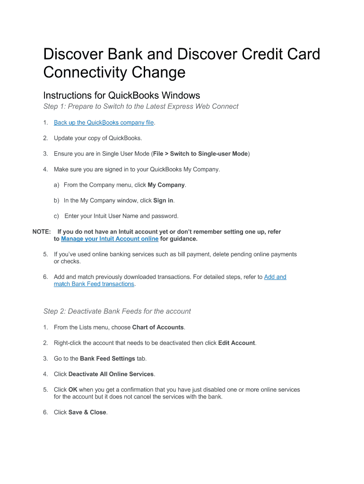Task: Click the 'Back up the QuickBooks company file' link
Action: click(x=104, y=123)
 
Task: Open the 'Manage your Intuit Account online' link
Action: click(x=110, y=239)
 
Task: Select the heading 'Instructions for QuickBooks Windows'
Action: click(x=121, y=95)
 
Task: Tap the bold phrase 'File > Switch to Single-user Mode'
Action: click(x=200, y=154)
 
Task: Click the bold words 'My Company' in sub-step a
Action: click(x=166, y=185)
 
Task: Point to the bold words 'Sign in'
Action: click(x=164, y=200)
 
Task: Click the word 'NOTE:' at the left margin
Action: click(x=42, y=232)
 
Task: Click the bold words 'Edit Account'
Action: click(x=236, y=343)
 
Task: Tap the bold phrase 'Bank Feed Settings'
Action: click(x=107, y=358)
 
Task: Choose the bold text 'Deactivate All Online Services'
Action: click(x=111, y=374)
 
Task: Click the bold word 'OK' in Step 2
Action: click(x=73, y=389)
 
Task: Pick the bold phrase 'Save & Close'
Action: click(x=87, y=412)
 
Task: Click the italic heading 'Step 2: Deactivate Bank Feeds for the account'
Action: click(x=117, y=311)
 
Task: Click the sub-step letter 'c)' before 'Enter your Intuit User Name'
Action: click(x=56, y=216)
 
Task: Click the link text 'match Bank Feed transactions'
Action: click(x=94, y=284)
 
